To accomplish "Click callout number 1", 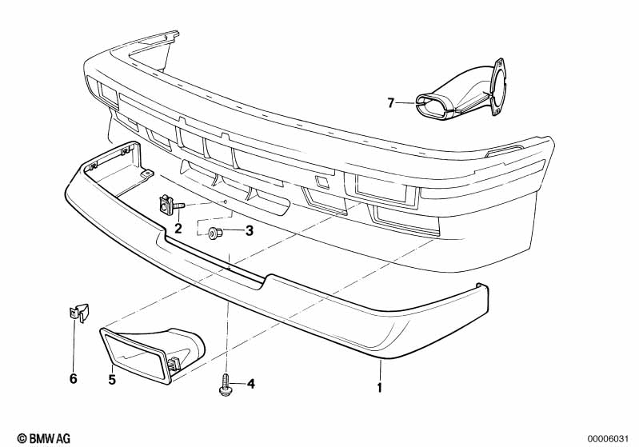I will [380, 389].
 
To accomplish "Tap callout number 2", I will [178, 229].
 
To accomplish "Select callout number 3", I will [249, 232].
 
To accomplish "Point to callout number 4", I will [250, 385].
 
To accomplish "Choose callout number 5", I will [112, 380].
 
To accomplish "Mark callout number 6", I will [73, 379].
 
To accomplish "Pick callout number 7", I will [391, 102].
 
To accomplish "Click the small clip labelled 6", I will [75, 312].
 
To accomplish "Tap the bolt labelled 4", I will [227, 386].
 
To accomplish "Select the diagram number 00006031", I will [611, 437].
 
